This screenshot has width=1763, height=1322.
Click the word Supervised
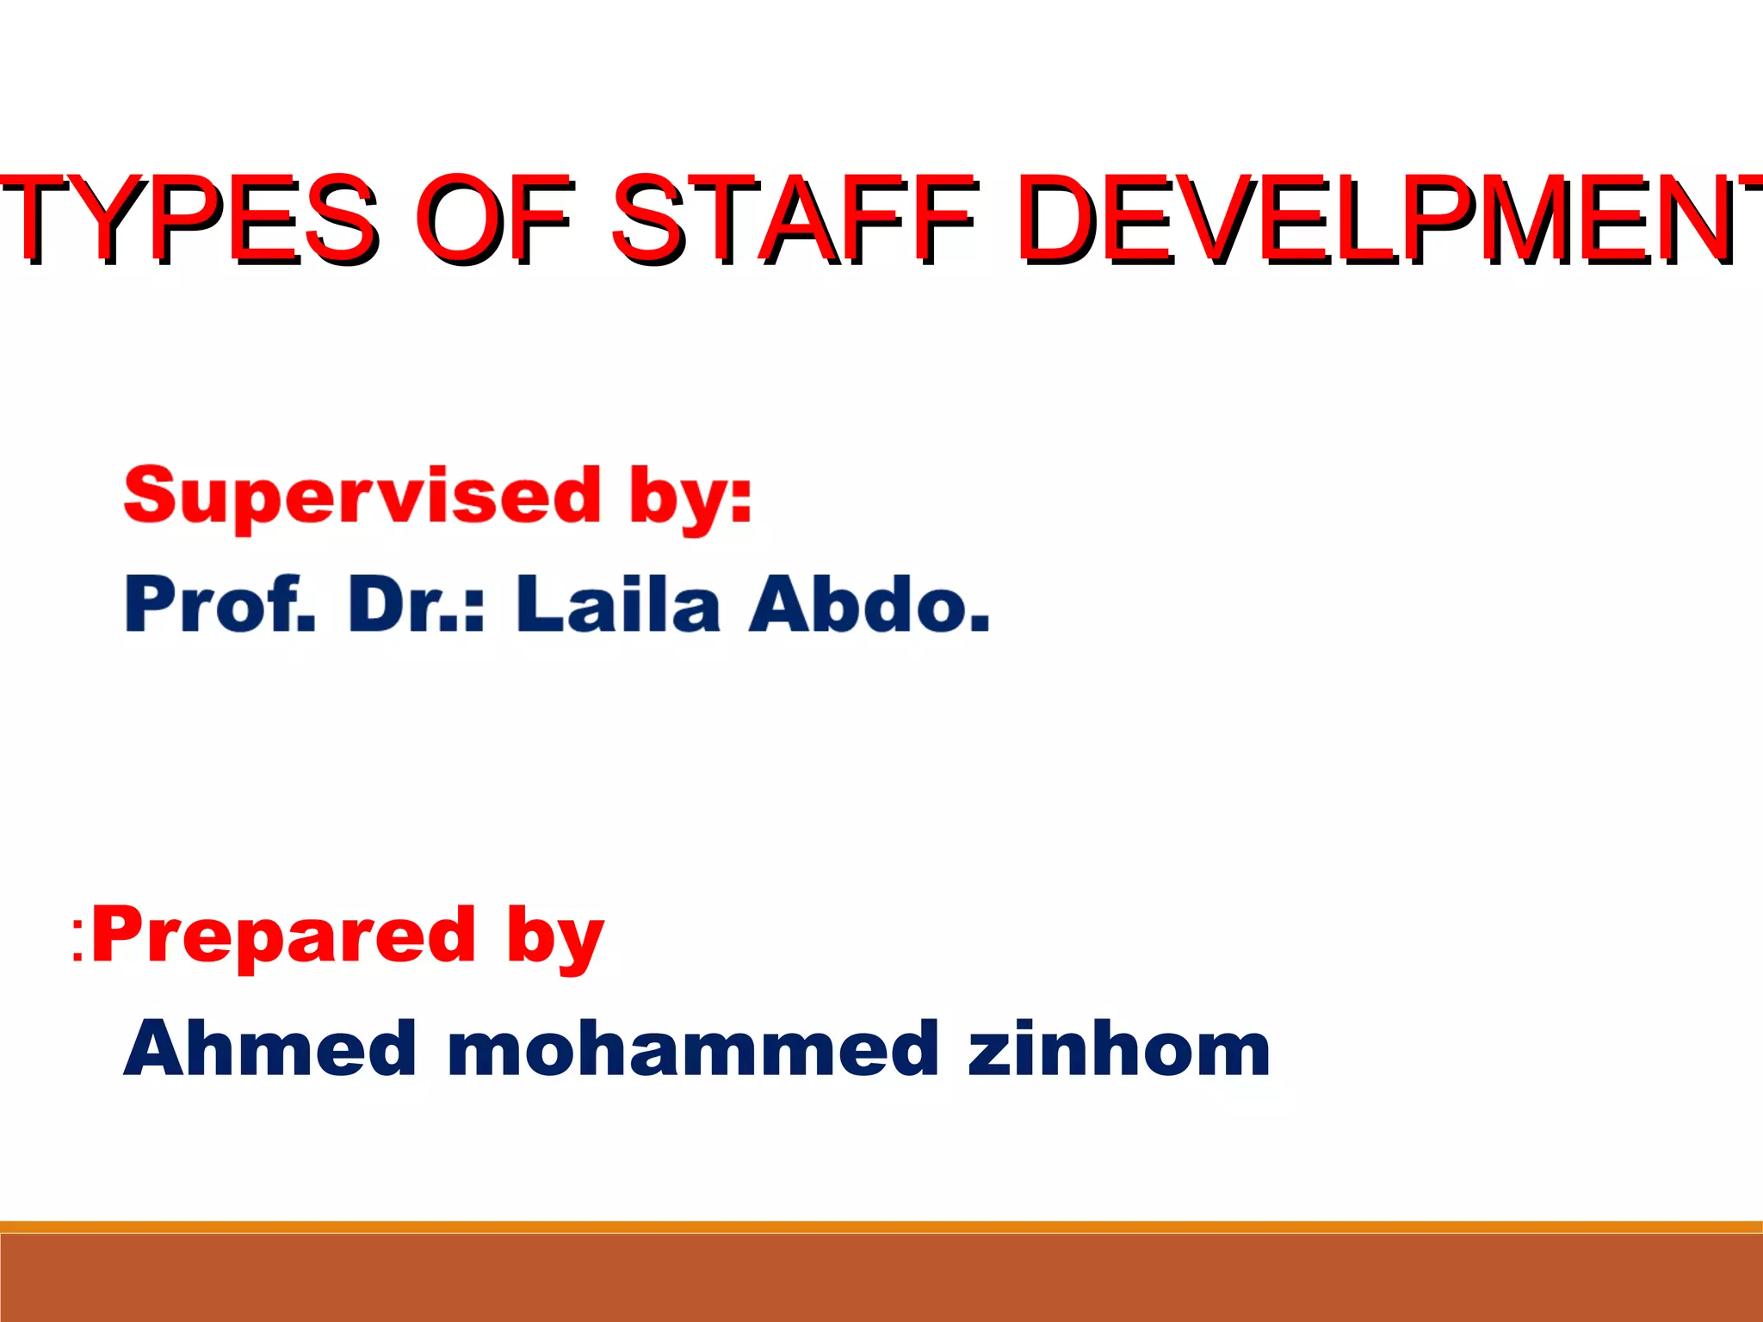coord(362,497)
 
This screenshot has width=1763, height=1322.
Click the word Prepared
coord(284,936)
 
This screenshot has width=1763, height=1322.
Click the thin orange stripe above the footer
coord(881,1226)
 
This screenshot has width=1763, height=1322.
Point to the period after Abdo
coord(979,625)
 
